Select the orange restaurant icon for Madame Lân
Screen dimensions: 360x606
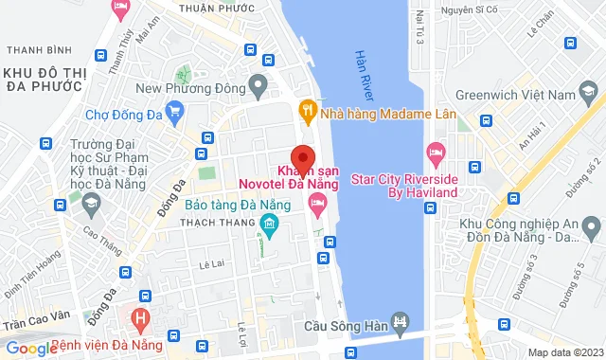pos(307,109)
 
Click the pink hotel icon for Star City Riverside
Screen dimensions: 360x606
pos(436,152)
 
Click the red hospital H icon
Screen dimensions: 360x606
pos(141,317)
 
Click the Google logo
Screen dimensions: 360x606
pos(30,348)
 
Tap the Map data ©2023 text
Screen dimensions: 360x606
pos(564,352)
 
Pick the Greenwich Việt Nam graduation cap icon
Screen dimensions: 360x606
pos(589,93)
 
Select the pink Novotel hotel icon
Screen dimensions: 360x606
pos(318,201)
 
